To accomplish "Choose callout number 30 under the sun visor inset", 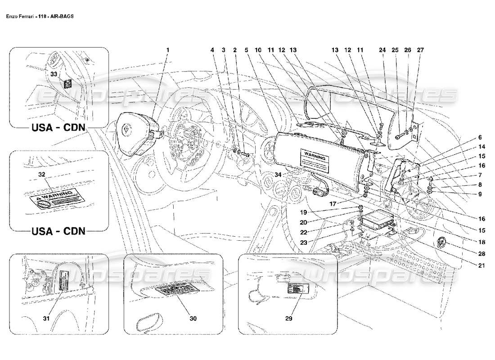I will click(193, 318).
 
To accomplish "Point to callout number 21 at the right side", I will click(481, 265).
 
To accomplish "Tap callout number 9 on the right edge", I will click(480, 194).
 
